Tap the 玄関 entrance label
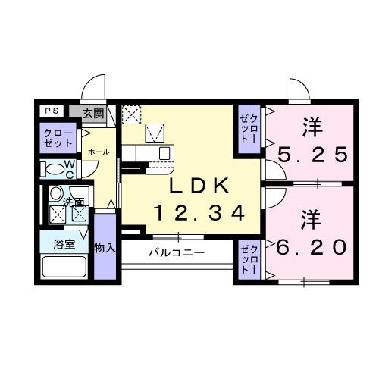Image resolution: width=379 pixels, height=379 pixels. [x=93, y=114]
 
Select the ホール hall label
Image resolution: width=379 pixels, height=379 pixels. [x=99, y=152]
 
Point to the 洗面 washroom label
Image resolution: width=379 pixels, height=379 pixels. [x=74, y=202]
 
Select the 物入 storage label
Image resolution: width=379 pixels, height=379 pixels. [x=105, y=248]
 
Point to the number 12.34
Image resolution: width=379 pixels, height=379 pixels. [x=199, y=213]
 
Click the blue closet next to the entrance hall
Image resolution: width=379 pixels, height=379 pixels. [x=58, y=138]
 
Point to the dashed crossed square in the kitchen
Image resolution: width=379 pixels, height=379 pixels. [x=132, y=114]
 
